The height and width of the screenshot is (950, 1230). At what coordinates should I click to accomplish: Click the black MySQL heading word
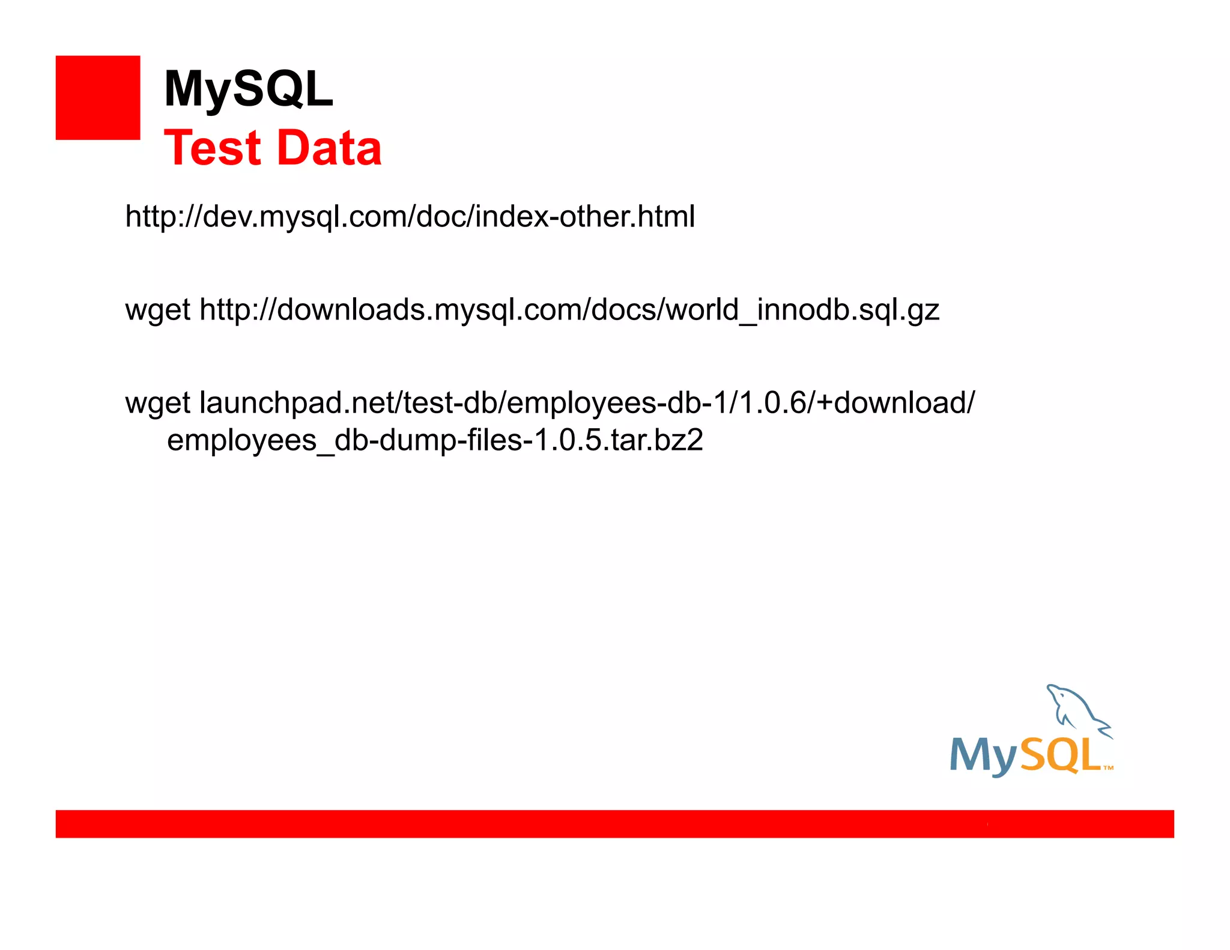[x=248, y=89]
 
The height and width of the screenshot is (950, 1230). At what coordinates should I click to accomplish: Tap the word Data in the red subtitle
[x=330, y=148]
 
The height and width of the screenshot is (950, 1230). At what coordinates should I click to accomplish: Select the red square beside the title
[x=98, y=98]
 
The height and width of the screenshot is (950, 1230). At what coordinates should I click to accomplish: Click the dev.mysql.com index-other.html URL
[x=410, y=216]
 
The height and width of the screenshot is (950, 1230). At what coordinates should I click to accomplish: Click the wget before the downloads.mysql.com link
[x=157, y=310]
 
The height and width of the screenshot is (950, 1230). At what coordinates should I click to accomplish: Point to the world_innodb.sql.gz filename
[x=802, y=310]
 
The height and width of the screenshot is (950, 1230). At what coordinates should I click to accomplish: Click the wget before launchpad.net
[x=157, y=404]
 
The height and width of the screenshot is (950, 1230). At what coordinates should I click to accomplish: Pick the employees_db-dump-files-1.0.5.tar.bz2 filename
[x=435, y=440]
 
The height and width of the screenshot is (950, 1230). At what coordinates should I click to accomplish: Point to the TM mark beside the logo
[x=1108, y=767]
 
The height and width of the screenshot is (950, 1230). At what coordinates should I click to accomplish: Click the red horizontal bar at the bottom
[x=614, y=823]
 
